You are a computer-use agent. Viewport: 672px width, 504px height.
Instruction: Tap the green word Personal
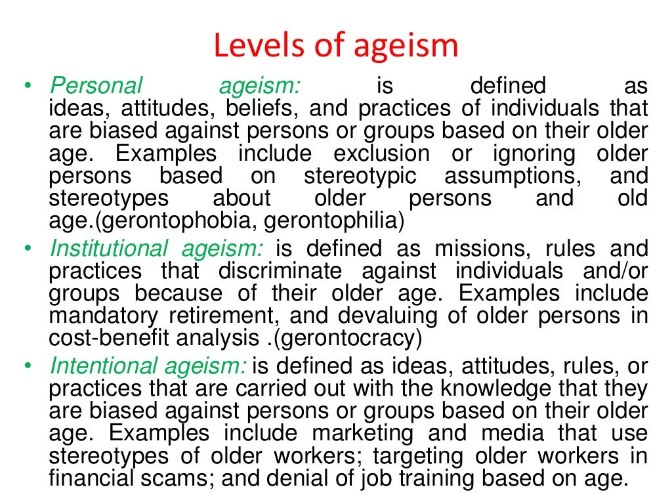point(96,86)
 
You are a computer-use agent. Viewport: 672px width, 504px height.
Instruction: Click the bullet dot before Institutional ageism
point(27,249)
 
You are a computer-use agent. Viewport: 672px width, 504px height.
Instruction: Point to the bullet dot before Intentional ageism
point(27,366)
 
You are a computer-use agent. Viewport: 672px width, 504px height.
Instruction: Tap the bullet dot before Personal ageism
point(27,86)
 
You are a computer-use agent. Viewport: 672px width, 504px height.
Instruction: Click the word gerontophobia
point(175,220)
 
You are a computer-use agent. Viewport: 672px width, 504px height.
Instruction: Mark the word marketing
point(363,434)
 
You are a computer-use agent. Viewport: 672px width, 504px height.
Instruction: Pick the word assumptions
point(518,176)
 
